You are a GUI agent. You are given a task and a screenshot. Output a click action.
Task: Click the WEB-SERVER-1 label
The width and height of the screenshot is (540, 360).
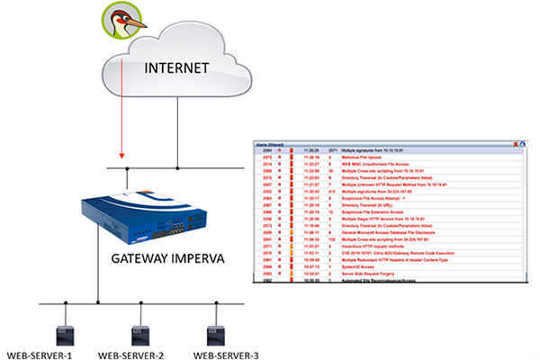click(x=40, y=354)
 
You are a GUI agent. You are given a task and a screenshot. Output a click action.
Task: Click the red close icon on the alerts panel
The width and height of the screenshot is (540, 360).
click(x=516, y=143)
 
